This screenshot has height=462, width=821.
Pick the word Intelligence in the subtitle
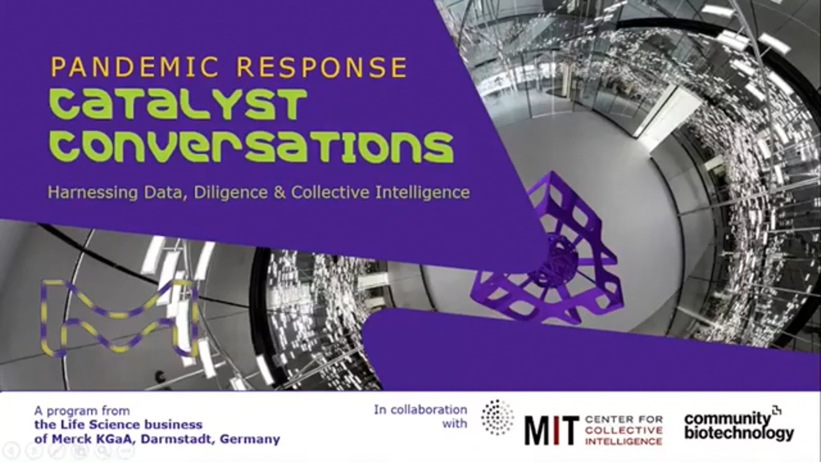click(x=422, y=192)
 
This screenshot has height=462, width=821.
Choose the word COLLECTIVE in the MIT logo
click(x=624, y=430)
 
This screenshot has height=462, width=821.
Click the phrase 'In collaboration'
click(x=420, y=410)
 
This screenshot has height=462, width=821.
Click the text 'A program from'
click(x=82, y=411)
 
